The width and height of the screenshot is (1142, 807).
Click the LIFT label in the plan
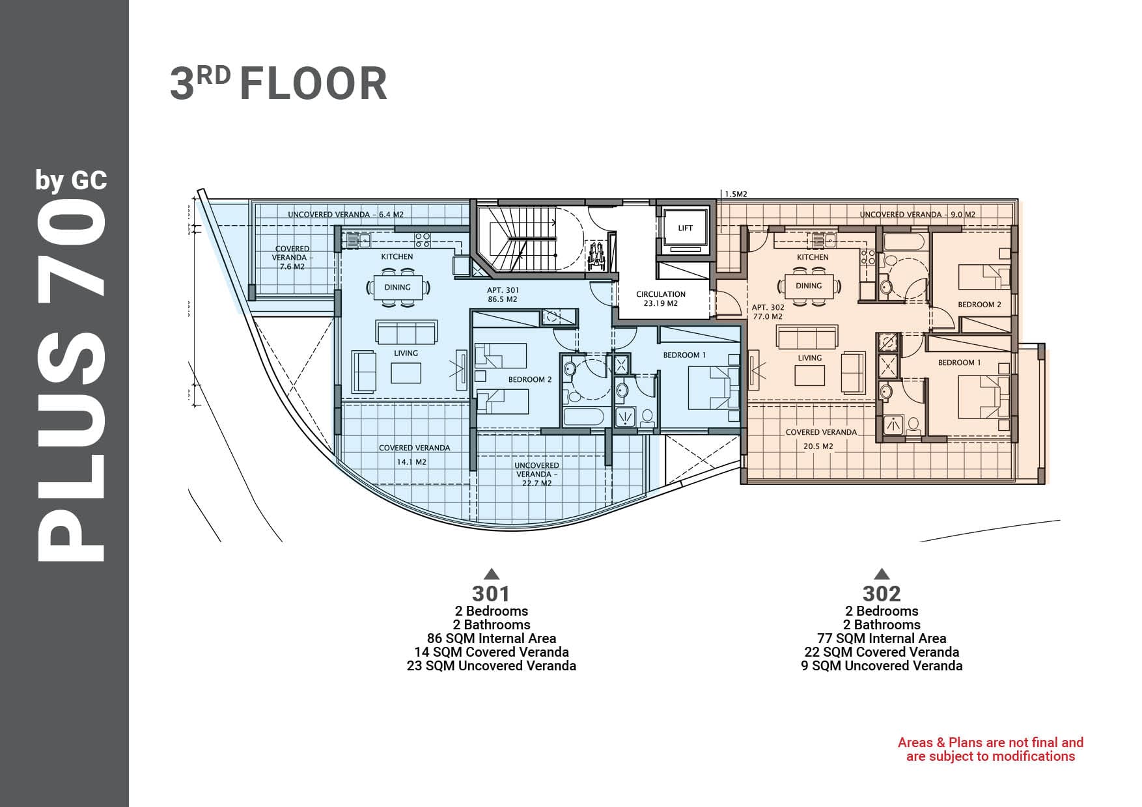(x=685, y=228)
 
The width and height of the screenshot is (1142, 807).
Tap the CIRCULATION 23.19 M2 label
(x=661, y=299)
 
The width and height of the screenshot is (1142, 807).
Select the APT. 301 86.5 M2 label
(x=502, y=295)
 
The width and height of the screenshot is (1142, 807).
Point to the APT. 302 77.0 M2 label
(x=768, y=312)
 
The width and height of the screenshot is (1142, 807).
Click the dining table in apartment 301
(x=397, y=287)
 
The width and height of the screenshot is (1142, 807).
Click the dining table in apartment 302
(x=809, y=286)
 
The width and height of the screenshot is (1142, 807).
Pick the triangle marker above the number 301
(x=492, y=573)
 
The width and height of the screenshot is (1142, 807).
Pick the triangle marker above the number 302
(x=882, y=573)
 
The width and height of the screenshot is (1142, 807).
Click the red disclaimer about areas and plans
(x=990, y=749)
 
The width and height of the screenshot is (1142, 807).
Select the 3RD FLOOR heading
(x=279, y=83)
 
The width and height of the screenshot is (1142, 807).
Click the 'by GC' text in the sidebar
(x=71, y=180)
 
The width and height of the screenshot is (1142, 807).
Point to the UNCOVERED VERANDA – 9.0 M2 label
(x=917, y=214)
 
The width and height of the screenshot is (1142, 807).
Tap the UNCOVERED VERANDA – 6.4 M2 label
(x=346, y=214)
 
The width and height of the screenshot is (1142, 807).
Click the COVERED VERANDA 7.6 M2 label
(x=292, y=258)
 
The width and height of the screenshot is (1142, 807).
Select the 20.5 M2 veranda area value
(x=818, y=446)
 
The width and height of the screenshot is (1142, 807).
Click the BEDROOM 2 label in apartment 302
(x=979, y=305)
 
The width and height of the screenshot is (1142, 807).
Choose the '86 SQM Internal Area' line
(x=492, y=638)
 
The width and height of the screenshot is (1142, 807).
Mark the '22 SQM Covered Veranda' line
(x=882, y=652)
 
